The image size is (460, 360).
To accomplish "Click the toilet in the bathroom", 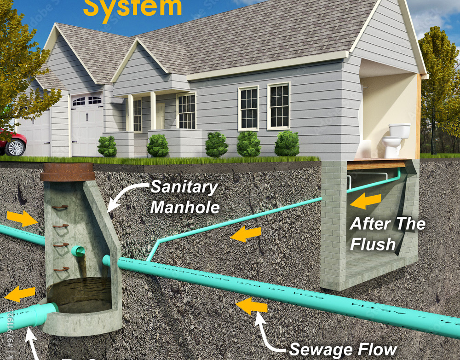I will click(x=395, y=139).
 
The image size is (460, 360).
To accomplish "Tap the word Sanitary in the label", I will click(x=184, y=187).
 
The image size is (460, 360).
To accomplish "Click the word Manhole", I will click(x=184, y=207).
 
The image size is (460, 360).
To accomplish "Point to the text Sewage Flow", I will click(x=343, y=350).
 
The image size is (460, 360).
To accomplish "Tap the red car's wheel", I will click(x=15, y=147).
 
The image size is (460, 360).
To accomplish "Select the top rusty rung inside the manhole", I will click(x=60, y=208).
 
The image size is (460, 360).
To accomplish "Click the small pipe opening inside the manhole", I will click(x=78, y=251).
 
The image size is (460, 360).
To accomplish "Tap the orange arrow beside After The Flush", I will click(x=366, y=201).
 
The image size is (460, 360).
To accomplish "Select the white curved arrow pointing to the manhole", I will click(x=124, y=193).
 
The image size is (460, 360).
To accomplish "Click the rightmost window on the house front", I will click(x=278, y=105).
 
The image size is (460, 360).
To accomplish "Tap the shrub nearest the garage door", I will click(x=107, y=146).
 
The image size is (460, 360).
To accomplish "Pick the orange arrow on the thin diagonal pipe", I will click(x=245, y=234).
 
